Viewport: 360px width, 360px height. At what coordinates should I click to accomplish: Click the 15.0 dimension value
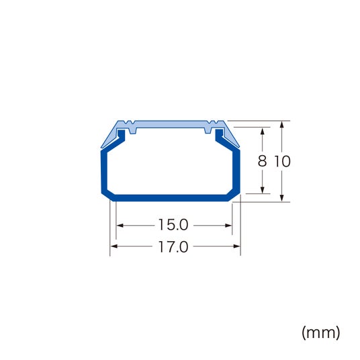[x=173, y=225]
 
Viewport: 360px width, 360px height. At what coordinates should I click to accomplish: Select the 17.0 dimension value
[x=173, y=246]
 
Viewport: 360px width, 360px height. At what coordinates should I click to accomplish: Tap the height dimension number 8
[x=262, y=161]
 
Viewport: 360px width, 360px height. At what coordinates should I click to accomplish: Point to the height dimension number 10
[x=282, y=161]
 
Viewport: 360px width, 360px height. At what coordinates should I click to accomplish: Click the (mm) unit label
[x=321, y=332]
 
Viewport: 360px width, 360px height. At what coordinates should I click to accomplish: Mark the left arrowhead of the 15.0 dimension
[x=120, y=226]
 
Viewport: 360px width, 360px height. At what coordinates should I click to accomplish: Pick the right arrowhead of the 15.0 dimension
[x=228, y=226]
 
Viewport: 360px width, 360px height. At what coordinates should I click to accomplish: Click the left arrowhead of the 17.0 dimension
[x=114, y=246]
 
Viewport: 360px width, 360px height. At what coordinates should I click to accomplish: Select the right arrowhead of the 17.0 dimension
[x=237, y=246]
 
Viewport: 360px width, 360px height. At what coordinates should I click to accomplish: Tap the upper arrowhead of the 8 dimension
[x=263, y=132]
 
